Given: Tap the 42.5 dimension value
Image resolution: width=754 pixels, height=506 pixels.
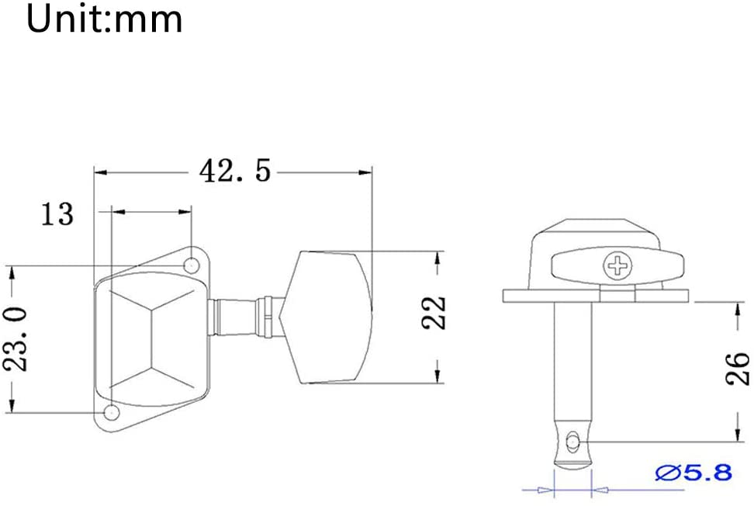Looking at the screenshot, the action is [x=235, y=171].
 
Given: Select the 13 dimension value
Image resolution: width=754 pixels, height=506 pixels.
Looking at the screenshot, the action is [x=57, y=214].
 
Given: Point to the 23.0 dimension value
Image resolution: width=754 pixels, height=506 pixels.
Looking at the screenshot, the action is [x=16, y=339].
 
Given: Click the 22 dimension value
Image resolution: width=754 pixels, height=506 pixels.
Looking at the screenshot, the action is [x=434, y=313].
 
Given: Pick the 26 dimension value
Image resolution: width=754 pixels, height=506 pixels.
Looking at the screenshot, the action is [x=737, y=369].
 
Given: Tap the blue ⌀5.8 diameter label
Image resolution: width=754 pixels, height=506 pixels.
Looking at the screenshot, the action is [x=693, y=473].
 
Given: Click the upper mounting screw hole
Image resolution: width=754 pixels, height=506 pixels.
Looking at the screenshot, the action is [x=192, y=265].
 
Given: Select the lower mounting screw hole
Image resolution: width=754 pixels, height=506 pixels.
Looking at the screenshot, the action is [x=112, y=412].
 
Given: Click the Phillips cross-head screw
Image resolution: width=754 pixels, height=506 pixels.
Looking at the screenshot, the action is [x=617, y=265].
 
